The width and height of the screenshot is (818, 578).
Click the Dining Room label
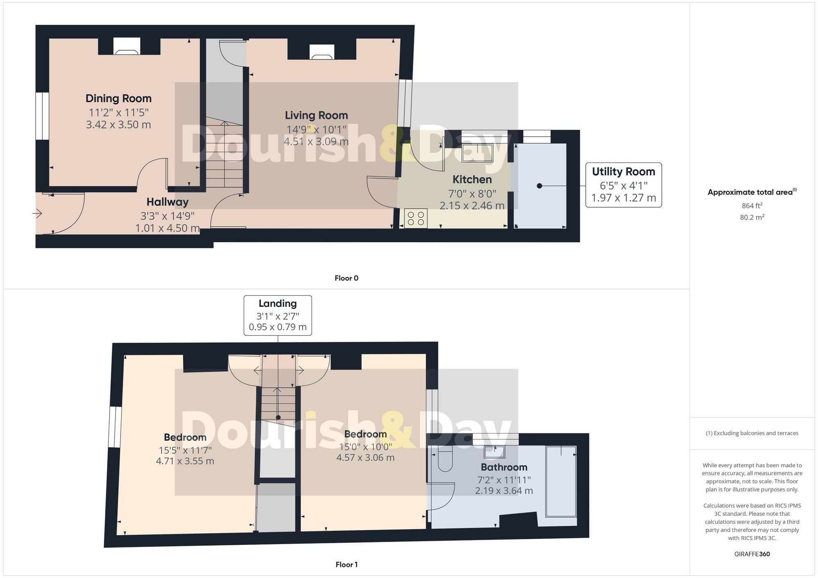(x=118, y=98)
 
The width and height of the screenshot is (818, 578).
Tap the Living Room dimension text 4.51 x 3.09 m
(x=316, y=142)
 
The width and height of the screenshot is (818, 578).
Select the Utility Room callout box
(x=623, y=185)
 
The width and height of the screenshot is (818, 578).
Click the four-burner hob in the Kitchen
(x=416, y=218)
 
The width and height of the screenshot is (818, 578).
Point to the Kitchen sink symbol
(x=477, y=153)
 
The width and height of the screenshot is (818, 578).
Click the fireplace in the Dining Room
(x=127, y=46)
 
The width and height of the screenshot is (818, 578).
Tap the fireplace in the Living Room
(x=321, y=52)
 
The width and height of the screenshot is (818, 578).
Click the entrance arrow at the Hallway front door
(x=37, y=213)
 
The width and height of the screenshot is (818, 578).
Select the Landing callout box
(x=278, y=315)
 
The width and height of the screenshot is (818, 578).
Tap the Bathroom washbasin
(x=494, y=452)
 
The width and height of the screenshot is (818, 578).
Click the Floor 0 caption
(x=346, y=278)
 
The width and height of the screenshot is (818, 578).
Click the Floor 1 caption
(x=346, y=565)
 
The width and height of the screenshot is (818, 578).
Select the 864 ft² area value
(x=752, y=205)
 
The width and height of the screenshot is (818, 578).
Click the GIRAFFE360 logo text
(x=752, y=554)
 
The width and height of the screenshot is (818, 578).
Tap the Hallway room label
(x=167, y=202)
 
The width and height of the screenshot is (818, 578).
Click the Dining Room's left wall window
(x=42, y=116)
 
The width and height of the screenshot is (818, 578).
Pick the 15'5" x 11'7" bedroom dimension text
(x=185, y=450)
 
